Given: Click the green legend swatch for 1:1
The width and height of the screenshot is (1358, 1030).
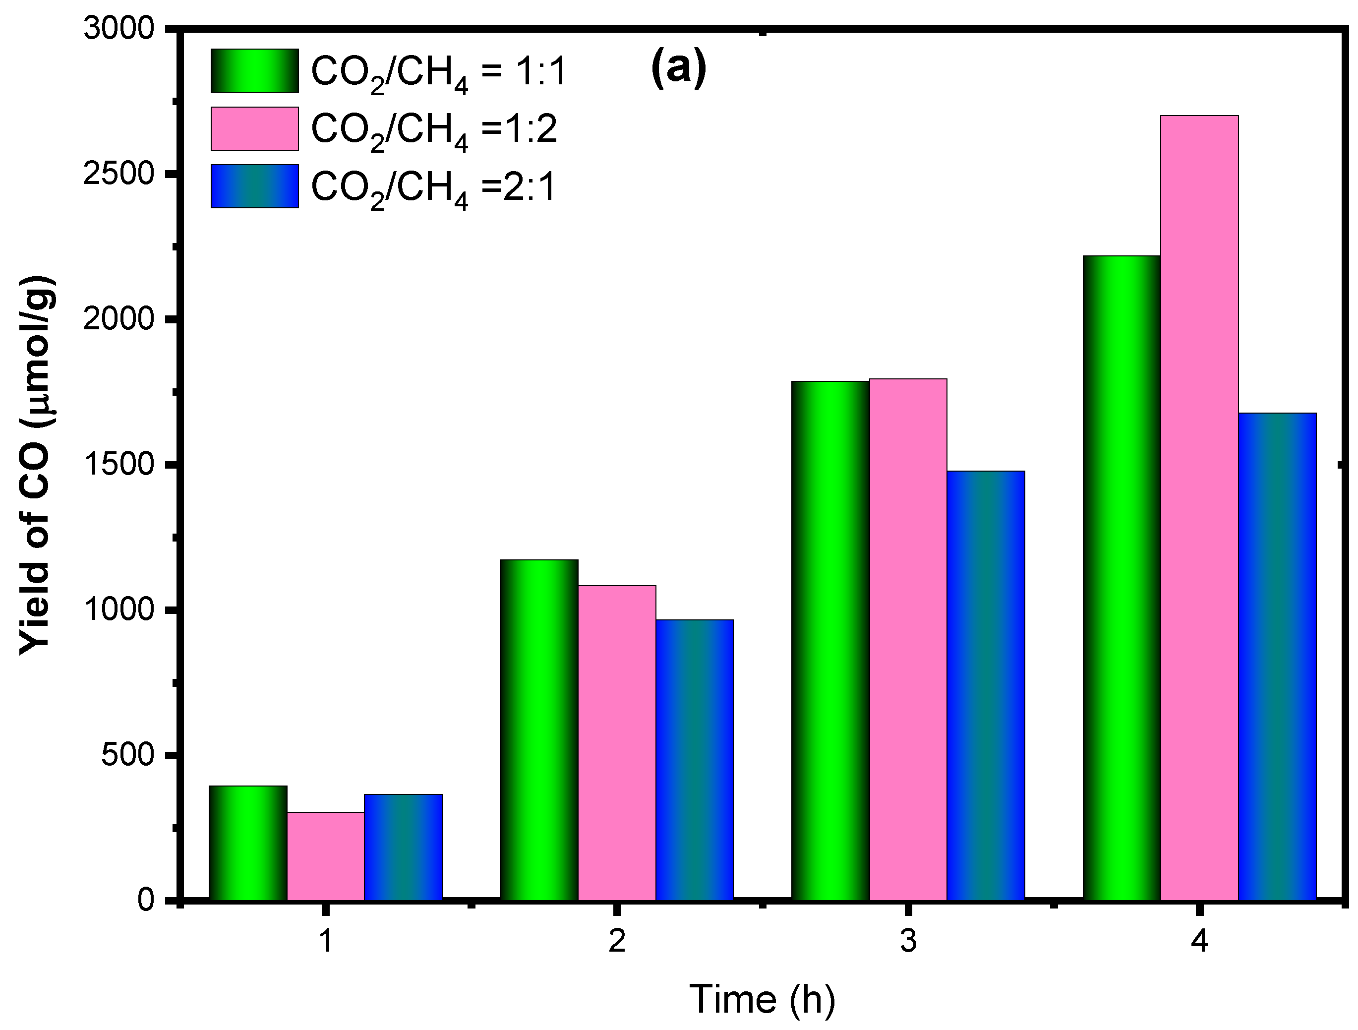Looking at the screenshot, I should [x=255, y=70].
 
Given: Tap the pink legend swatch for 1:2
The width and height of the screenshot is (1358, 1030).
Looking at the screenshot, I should [x=255, y=128].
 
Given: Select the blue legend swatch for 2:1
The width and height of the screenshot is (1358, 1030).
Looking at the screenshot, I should [x=255, y=186].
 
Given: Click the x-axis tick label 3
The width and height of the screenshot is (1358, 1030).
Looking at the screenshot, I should [x=908, y=940].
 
